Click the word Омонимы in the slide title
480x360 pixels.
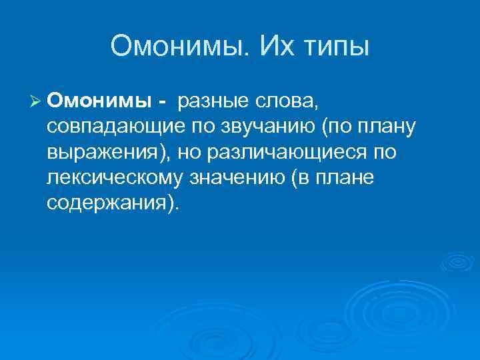179,46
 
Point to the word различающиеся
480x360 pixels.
290,152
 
